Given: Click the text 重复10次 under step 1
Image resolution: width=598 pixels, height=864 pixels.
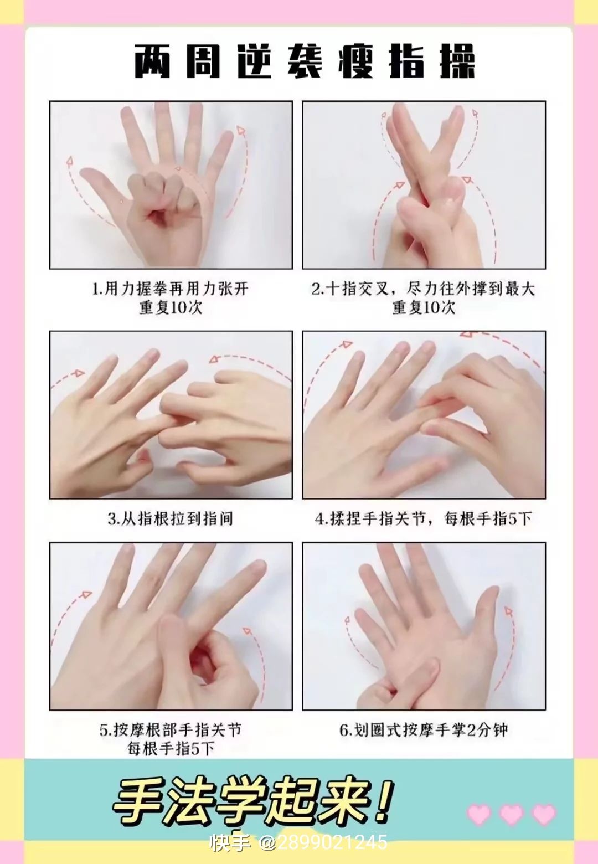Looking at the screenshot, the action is [x=171, y=307].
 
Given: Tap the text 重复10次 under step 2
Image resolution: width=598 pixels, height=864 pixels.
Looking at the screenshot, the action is [x=424, y=307].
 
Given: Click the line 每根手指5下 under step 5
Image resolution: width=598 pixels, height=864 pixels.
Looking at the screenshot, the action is [x=171, y=749].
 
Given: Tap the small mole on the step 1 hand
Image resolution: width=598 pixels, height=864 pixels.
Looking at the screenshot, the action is [x=122, y=200].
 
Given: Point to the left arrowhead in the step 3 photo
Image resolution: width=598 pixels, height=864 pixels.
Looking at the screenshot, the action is [x=79, y=373].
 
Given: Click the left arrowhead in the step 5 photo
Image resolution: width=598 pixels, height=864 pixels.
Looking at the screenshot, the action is [x=87, y=595].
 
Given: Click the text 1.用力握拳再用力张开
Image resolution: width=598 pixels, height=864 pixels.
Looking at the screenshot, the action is [x=170, y=289].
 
